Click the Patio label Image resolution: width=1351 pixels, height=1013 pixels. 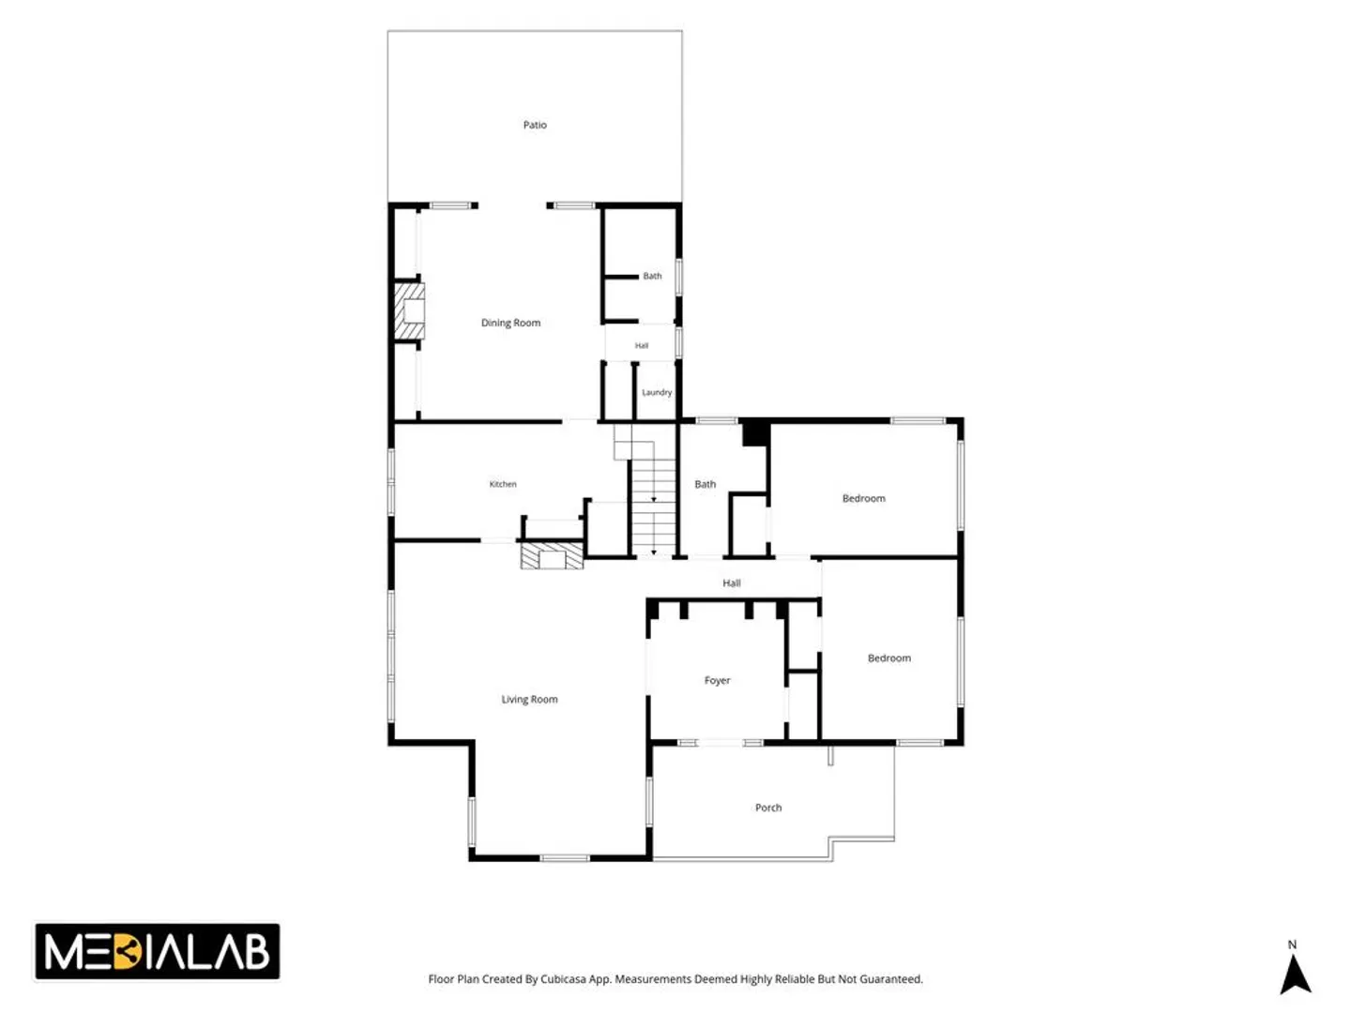point(534,125)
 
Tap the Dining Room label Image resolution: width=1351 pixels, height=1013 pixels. point(510,323)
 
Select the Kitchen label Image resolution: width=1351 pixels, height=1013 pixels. point(502,484)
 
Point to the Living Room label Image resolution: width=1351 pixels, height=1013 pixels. point(529,700)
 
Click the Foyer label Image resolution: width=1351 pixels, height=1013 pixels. point(717,680)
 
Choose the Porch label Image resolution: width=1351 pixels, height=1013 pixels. point(768,808)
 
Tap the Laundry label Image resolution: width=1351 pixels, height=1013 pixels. point(657,392)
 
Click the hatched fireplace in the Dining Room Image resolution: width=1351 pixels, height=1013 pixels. point(409,310)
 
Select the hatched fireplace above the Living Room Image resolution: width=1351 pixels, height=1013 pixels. point(552,555)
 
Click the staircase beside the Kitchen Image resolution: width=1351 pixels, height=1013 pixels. point(653,498)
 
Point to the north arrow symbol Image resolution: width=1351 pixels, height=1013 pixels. point(1295,973)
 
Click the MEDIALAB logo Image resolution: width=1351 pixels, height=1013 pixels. point(157,951)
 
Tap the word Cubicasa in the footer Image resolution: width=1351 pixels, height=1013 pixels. point(563,979)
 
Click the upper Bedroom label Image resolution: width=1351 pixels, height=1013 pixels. point(863,498)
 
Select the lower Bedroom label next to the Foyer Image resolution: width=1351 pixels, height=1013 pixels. point(888,658)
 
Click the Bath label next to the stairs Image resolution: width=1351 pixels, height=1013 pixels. point(705,484)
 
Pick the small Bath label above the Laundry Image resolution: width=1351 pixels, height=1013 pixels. point(652,276)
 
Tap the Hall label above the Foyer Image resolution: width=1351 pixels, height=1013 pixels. point(731,583)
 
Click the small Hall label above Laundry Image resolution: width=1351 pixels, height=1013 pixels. point(642,346)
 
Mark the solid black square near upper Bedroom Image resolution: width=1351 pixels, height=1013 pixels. point(756,432)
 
